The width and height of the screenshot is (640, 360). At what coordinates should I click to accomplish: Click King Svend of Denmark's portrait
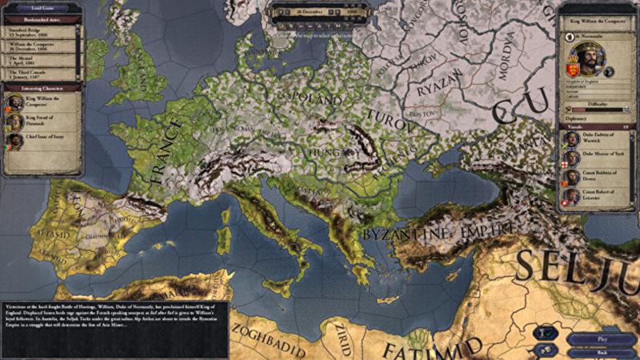(14, 122)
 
